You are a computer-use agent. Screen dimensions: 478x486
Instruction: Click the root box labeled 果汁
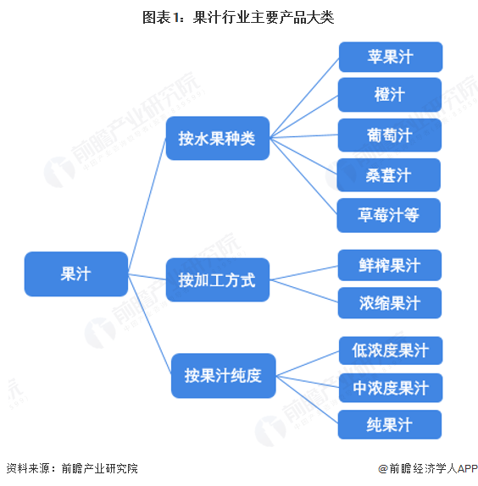coord(76,274)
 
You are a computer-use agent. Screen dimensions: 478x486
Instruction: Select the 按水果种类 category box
coord(218,138)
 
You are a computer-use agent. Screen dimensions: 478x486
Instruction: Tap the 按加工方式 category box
coord(218,280)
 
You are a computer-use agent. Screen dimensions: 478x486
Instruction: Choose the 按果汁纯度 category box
coord(224,376)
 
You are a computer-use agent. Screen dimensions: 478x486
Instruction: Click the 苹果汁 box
coord(391,57)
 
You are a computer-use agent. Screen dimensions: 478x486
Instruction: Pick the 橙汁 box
coord(390,95)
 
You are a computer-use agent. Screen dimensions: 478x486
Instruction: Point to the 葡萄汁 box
coord(390,135)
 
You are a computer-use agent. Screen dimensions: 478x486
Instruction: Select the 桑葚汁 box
coord(389,175)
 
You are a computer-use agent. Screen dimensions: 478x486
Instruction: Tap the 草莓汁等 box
coord(389,215)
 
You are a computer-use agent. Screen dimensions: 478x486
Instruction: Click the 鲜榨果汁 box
coord(390,265)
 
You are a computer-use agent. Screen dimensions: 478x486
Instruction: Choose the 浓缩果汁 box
coord(390,303)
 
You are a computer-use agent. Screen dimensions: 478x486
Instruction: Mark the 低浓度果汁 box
coord(391,351)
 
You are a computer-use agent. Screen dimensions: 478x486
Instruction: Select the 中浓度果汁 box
coord(391,388)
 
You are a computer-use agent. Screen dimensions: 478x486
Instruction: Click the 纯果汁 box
coord(390,425)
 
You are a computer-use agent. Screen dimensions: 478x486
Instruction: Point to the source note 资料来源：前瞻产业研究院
coord(72,468)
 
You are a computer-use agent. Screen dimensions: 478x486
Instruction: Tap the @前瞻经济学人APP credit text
coord(428,468)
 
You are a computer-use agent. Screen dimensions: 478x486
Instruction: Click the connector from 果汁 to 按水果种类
coord(147,206)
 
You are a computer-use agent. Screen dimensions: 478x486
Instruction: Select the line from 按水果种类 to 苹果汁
coord(304,97)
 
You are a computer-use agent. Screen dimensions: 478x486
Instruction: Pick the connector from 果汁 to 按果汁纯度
coord(150,324)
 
